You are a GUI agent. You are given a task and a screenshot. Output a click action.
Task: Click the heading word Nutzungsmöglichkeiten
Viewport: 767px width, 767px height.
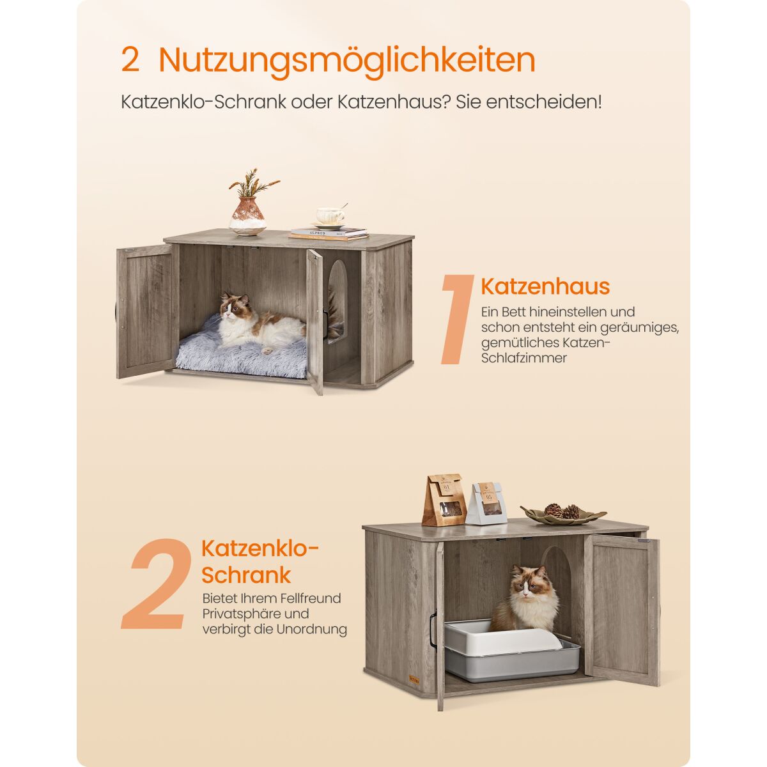[x=346, y=61]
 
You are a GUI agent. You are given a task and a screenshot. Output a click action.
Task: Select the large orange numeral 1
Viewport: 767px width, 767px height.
[x=458, y=319]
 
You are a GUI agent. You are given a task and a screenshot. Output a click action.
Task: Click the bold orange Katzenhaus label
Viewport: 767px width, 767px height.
[x=545, y=286]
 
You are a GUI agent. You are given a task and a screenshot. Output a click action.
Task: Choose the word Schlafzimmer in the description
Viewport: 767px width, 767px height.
[x=524, y=358]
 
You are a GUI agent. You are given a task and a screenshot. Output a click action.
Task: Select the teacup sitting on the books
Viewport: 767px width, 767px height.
[x=330, y=217]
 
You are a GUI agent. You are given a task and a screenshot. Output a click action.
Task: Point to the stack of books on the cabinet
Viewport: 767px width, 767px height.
[x=329, y=234]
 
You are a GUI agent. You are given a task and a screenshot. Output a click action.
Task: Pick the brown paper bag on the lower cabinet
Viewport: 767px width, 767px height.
[x=444, y=500]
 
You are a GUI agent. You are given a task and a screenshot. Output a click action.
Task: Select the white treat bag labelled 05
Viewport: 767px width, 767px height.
[x=486, y=504]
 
